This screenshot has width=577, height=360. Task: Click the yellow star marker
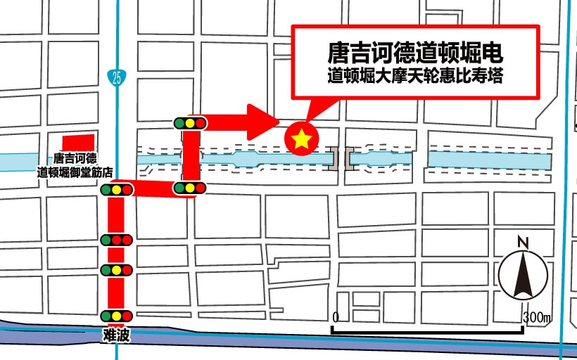tap(301, 139)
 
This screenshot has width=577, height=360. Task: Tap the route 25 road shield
tap(116, 77)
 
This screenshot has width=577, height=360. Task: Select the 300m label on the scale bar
tap(538, 317)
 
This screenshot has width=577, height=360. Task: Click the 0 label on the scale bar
tap(336, 317)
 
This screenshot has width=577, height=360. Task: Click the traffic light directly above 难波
tap(116, 316)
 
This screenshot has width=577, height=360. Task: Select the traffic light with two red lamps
tap(116, 240)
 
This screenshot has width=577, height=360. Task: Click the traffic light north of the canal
tap(190, 123)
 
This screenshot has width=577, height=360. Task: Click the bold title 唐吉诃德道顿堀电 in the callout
tap(416, 53)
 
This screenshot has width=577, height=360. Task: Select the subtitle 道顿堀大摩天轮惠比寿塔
tap(416, 77)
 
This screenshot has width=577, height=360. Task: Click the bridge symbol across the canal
tap(341, 158)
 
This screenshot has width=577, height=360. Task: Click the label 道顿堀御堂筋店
tap(75, 171)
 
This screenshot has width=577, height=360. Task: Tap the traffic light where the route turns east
tap(117, 189)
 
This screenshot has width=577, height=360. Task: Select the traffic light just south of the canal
tap(189, 188)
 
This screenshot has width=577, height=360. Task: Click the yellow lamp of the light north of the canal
tap(190, 123)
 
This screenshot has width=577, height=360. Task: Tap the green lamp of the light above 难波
tap(107, 316)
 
